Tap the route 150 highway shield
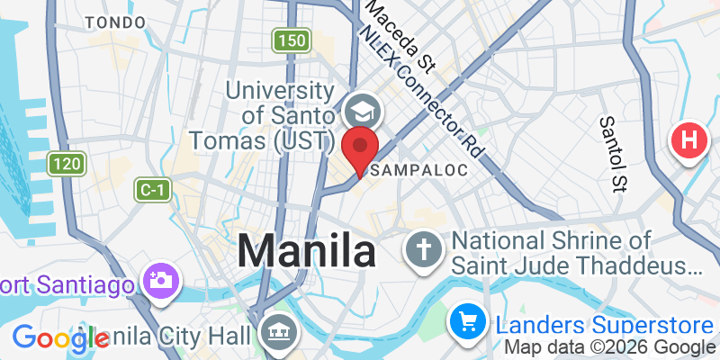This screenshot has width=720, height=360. tap(292, 40)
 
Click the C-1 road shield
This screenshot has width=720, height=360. tap(151, 190)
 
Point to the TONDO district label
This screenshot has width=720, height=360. tap(113, 22)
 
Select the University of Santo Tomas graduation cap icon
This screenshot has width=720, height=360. tap(364, 113)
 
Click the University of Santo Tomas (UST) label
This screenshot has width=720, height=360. tap(263, 116)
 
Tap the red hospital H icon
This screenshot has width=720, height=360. tap(689, 141)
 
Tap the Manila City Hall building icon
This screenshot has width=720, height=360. tap(275, 333)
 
